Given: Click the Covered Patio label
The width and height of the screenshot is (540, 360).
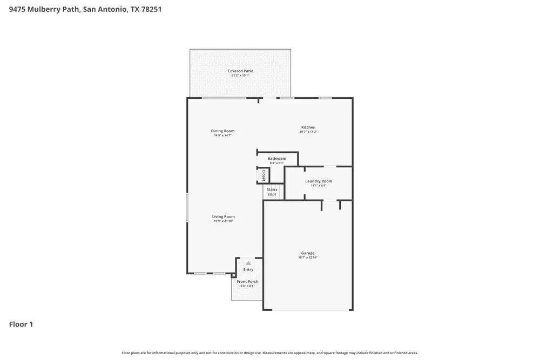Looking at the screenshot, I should click(240, 71).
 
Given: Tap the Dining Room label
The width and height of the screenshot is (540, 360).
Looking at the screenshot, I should click(222, 131).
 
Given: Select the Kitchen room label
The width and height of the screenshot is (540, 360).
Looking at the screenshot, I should click(308, 127).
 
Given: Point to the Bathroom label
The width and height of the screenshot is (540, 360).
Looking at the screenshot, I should click(276, 159).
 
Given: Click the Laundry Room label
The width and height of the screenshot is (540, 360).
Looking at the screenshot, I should click(318, 181).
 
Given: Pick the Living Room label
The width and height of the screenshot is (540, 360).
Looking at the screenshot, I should click(223, 217).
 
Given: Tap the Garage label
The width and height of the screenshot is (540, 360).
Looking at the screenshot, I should click(308, 253).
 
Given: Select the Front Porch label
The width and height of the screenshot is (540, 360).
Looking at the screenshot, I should click(247, 282).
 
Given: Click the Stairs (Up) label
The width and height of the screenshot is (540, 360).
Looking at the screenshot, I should click(272, 192).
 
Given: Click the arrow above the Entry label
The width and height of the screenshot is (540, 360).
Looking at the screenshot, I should click(248, 262).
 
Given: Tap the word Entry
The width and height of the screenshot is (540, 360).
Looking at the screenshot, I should click(248, 269).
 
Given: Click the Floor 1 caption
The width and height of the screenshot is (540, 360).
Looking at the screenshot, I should click(21, 324).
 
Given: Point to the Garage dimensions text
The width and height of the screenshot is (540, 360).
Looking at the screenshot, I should click(308, 258).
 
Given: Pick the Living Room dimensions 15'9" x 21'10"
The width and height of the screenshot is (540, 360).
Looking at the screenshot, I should click(223, 221).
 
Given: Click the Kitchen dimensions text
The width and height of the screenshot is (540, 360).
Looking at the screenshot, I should click(308, 132).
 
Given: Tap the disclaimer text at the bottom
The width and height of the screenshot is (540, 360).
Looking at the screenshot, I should click(269, 353).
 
